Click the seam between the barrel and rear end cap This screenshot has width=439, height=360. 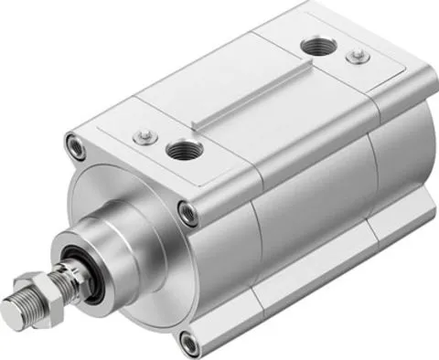374,174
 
